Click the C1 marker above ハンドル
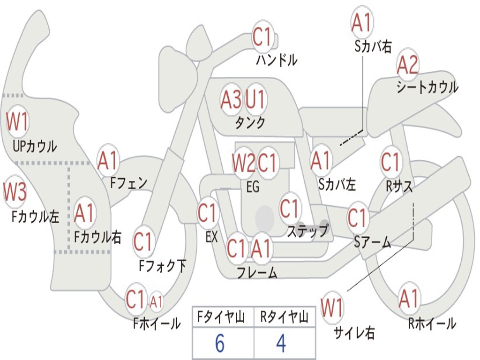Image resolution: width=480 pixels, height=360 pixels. tap(262, 37)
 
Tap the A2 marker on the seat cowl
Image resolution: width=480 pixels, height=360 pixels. tap(407, 65)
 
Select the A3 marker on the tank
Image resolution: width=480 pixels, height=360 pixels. tap(231, 99)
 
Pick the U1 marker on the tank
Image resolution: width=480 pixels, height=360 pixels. tap(255, 99)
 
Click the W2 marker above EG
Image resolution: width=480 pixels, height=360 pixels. tap(243, 162)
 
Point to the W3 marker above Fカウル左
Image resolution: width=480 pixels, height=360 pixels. tap(15, 192)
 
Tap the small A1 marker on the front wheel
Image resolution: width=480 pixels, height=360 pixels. tap(156, 302)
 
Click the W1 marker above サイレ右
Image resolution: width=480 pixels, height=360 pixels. tap(332, 307)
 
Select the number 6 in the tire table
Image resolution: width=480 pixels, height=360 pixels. tap(220, 343)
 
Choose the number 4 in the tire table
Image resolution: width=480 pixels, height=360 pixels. tap(281, 343)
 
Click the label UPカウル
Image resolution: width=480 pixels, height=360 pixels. tap(35, 146)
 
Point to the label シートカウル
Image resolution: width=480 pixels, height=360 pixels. tap(427, 87)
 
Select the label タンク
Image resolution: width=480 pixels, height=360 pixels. tap(250, 122)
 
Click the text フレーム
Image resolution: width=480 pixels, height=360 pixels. tap(257, 272)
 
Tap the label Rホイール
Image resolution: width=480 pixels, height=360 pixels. tap(432, 323)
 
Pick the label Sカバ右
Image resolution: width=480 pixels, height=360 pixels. tap(373, 46)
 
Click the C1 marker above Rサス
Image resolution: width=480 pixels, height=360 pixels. tap(390, 162)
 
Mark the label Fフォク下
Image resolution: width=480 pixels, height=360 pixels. tap(162, 265)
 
